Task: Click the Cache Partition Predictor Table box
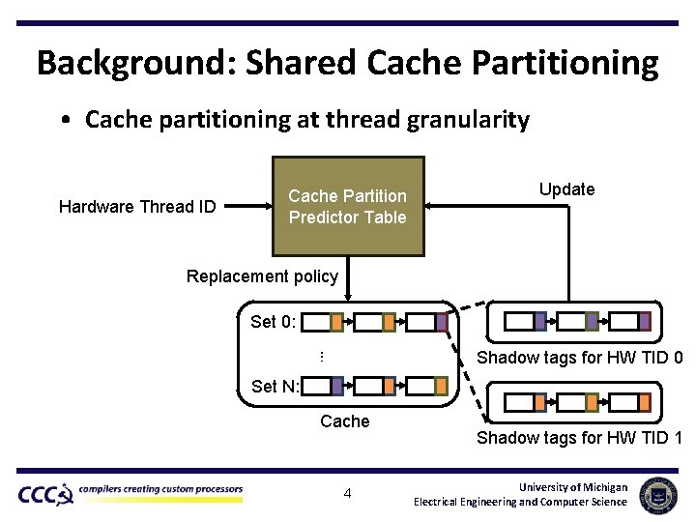click(348, 206)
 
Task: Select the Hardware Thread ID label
click(137, 207)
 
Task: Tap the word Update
click(566, 189)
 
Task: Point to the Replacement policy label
click(262, 276)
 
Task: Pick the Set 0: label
click(275, 322)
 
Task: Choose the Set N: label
click(275, 387)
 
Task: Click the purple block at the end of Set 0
click(441, 322)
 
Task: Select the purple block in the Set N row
click(337, 387)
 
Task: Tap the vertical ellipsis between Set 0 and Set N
click(321, 357)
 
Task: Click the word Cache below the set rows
click(345, 421)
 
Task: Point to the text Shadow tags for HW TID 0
click(580, 358)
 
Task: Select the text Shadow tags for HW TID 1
click(579, 438)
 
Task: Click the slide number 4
click(348, 494)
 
